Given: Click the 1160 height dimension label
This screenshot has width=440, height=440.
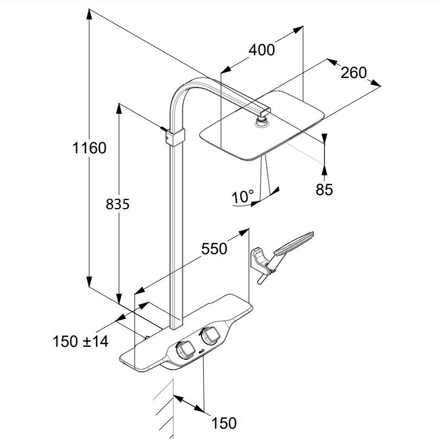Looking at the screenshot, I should (89, 147).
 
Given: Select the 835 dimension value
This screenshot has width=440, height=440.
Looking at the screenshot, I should (117, 204).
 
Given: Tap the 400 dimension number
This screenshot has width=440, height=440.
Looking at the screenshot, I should (262, 49).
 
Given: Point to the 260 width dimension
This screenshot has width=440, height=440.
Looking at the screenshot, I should (353, 72).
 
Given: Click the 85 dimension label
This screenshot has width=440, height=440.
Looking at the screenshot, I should (324, 189).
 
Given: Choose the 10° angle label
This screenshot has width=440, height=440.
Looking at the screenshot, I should (243, 196).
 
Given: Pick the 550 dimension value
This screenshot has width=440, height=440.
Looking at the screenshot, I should (214, 248).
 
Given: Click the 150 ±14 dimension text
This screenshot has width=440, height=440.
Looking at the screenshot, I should (81, 341).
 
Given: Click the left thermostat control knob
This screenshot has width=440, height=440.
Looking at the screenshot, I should (185, 350).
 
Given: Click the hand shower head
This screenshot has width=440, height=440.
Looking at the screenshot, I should (294, 244).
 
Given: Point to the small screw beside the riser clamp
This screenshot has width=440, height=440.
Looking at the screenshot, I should (164, 130).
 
